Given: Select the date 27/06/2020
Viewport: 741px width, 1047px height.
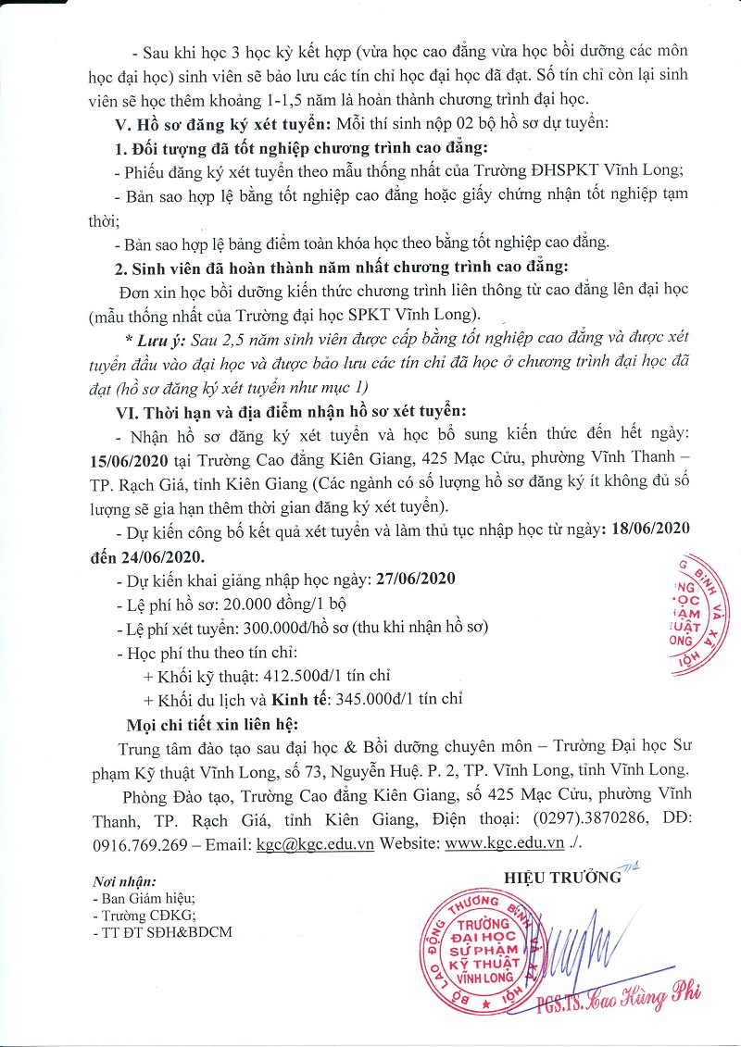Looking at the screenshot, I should click(416, 580).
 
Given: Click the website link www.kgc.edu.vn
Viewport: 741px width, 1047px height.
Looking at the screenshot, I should click(505, 844).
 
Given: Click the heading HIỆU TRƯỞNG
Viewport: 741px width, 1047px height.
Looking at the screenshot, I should click(555, 876).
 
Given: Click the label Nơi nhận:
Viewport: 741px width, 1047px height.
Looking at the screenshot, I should click(125, 881).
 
